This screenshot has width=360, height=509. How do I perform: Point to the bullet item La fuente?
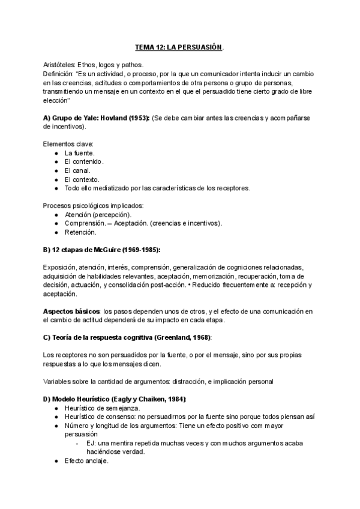click(79, 153)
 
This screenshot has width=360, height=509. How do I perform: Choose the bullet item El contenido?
click(84, 161)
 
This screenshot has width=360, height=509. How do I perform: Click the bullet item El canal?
click(77, 170)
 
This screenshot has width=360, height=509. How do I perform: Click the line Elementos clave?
click(68, 144)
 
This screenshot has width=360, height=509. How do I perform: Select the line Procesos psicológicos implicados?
click(88, 205)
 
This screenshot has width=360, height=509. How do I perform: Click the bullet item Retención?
click(80, 232)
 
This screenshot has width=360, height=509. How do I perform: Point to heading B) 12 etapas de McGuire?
click(102, 249)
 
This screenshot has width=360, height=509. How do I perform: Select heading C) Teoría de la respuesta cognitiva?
click(127, 337)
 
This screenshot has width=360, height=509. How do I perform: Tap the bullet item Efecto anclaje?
click(86, 461)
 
